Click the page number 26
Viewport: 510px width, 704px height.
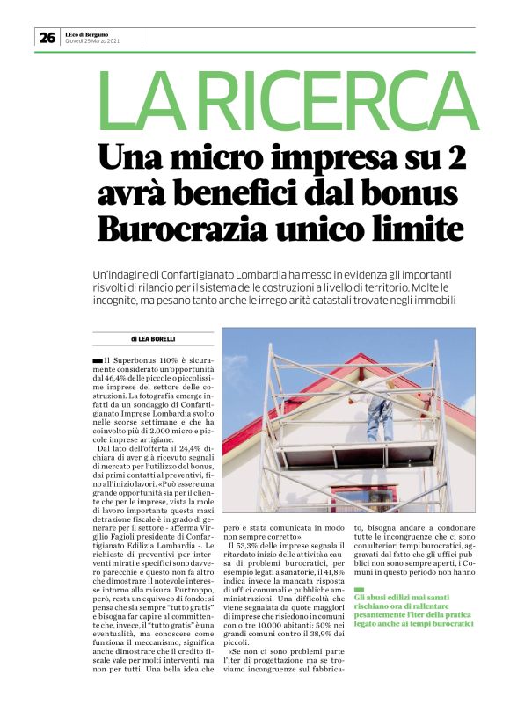click(47, 37)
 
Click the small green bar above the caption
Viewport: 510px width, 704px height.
click(358, 564)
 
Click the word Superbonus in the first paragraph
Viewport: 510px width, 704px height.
click(130, 360)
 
